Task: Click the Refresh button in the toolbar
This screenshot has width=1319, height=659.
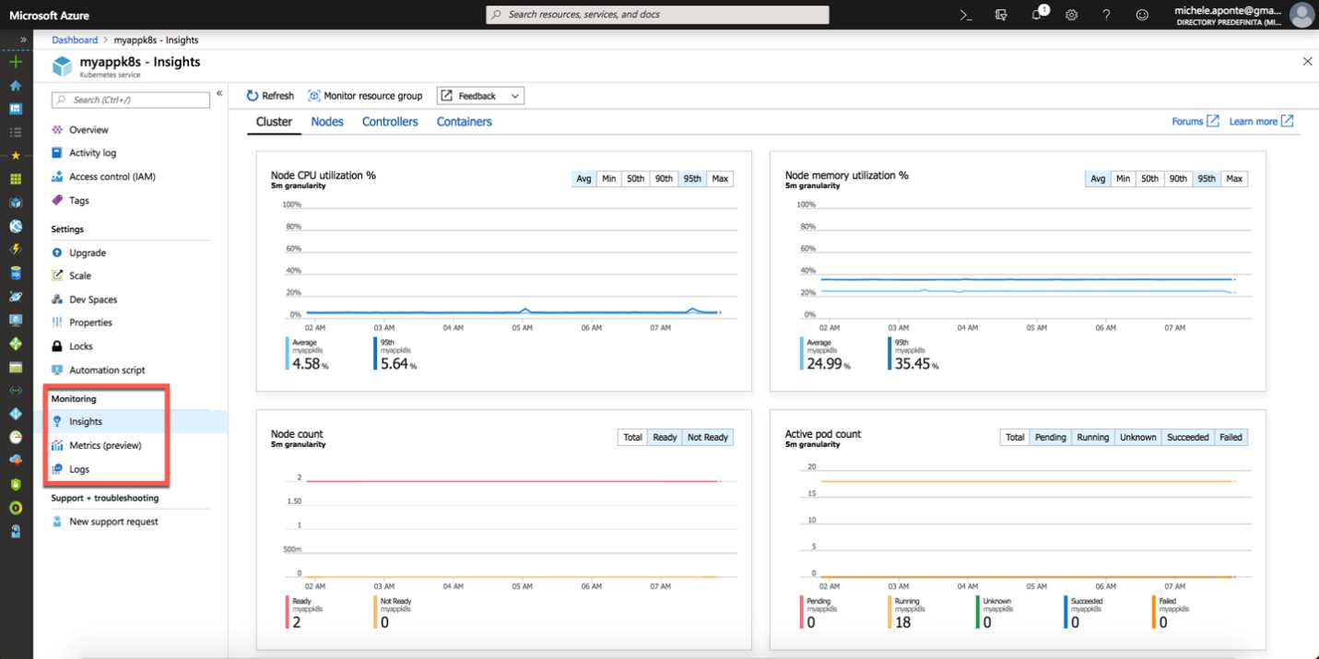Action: point(270,96)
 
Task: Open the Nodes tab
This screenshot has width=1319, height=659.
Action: point(327,122)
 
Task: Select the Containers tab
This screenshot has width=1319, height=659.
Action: point(464,122)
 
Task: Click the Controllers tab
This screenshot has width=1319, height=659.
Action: point(390,122)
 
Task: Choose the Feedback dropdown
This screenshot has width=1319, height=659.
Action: point(480,96)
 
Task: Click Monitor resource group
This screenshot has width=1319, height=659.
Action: point(365,96)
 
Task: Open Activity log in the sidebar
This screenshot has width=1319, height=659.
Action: point(92,153)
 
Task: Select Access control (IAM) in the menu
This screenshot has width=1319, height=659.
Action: point(112,177)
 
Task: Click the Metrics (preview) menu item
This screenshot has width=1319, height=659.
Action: point(105,445)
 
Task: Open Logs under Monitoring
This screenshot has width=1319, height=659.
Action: point(79,469)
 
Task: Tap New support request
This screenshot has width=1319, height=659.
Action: point(113,522)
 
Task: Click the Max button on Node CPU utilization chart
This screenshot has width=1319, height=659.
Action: point(720,179)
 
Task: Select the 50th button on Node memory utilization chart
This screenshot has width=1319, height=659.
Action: point(1149,179)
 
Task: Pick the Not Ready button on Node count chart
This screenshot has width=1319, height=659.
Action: point(707,437)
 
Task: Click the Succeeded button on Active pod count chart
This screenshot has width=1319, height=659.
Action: point(1187,437)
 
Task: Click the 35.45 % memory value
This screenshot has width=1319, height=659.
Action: point(913,364)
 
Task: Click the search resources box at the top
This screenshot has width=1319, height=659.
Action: point(657,15)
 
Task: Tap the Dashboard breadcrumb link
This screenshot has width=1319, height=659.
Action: point(75,41)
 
